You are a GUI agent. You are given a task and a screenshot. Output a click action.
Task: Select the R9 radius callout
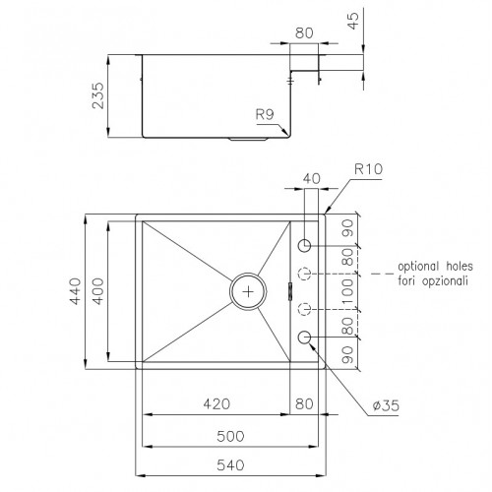(264, 116)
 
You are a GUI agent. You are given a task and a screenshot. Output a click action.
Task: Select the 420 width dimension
(216, 403)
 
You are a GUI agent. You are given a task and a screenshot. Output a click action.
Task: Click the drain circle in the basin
(248, 290)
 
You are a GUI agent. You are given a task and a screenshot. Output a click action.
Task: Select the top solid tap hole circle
(305, 243)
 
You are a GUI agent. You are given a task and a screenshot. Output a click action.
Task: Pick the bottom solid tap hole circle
(305, 338)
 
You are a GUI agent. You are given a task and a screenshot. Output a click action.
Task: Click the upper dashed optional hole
(305, 273)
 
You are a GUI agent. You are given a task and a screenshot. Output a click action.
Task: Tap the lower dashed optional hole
(305, 308)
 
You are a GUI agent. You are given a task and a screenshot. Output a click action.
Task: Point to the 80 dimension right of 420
(303, 403)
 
